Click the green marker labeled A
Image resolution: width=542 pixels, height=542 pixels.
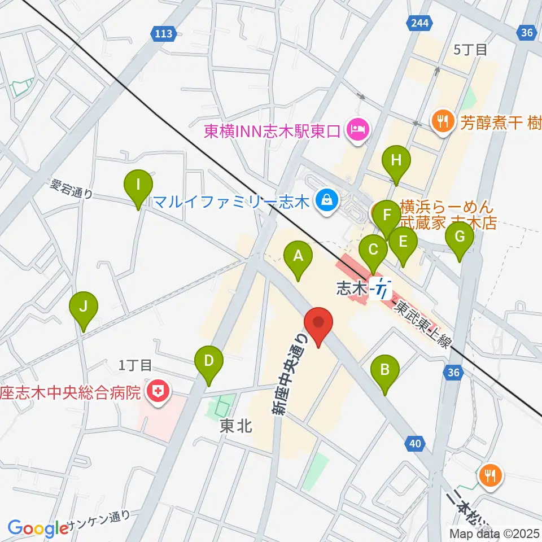[x=298, y=257]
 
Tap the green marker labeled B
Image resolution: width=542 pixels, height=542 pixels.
[x=385, y=370]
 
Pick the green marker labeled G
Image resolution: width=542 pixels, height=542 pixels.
[x=460, y=237]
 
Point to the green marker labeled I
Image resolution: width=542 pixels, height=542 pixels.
[x=138, y=185]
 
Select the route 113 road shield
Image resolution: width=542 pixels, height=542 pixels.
[x=163, y=34]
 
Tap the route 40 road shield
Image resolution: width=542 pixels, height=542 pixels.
[x=415, y=444]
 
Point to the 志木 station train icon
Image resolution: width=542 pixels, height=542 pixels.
[x=382, y=289]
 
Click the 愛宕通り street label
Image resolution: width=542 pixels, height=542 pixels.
[x=72, y=189]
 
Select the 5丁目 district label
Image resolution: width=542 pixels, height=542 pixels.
[x=470, y=50]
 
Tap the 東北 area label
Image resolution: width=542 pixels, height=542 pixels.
[x=235, y=427]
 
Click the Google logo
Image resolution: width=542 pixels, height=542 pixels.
[x=38, y=528]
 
